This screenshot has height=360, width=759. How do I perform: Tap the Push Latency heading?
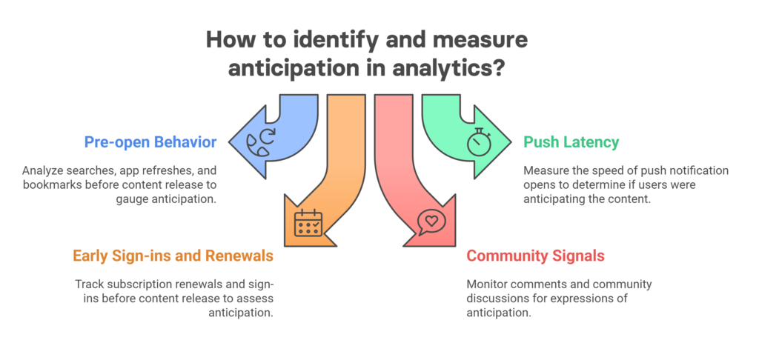(571, 141)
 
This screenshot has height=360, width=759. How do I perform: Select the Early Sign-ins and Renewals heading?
(173, 256)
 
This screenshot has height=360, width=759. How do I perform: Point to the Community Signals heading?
(535, 256)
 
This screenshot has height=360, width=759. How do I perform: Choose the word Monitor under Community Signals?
(487, 285)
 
